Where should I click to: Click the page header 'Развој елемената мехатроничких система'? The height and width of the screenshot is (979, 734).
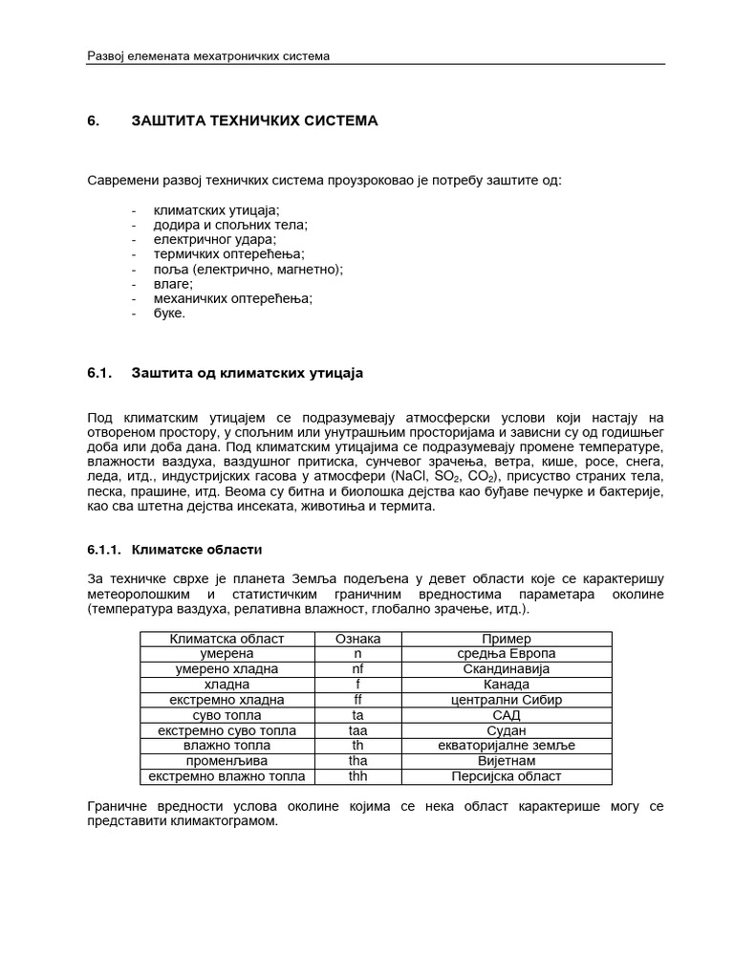pyautogui.click(x=208, y=55)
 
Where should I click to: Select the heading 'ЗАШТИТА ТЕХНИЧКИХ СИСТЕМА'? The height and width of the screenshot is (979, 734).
pyautogui.click(x=254, y=120)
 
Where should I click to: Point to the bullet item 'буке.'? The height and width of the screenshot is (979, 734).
pyautogui.click(x=170, y=313)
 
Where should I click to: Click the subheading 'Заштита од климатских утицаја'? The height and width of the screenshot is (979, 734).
pyautogui.click(x=248, y=373)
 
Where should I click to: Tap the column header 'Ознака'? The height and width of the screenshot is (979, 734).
pyautogui.click(x=358, y=639)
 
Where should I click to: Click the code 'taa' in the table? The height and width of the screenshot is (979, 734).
pyautogui.click(x=358, y=730)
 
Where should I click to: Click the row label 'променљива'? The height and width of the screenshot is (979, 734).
pyautogui.click(x=227, y=761)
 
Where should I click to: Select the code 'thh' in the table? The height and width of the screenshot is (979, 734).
pyautogui.click(x=358, y=776)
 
